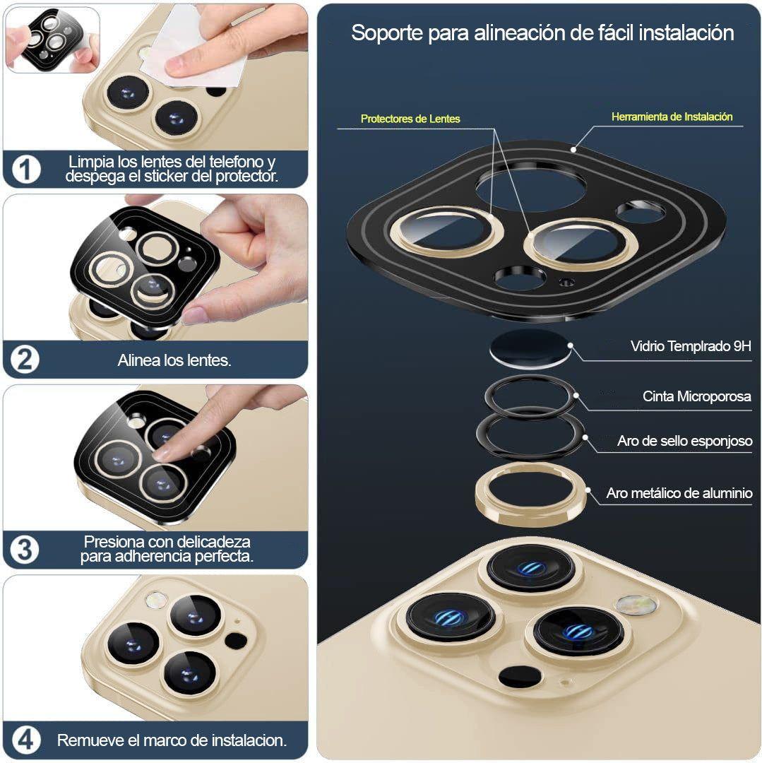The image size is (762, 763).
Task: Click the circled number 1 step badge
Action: coord(25,170)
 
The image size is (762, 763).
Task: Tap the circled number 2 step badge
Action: coord(25,360)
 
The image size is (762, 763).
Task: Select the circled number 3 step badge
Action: coord(25,550)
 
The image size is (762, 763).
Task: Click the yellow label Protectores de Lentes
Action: coord(410,119)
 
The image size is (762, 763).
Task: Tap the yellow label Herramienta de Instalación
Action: coord(672,117)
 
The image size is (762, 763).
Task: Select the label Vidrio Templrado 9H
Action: coord(691,346)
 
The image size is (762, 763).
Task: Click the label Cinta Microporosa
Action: coord(697,396)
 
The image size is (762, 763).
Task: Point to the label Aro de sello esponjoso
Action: coord(685,441)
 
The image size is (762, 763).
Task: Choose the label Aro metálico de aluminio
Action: coord(679,493)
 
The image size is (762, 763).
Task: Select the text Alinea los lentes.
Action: coord(174,360)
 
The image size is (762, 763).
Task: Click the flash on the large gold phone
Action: coord(636,605)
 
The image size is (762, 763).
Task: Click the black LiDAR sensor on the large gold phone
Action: coord(519,677)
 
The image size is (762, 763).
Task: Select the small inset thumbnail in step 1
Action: coord(52,40)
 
